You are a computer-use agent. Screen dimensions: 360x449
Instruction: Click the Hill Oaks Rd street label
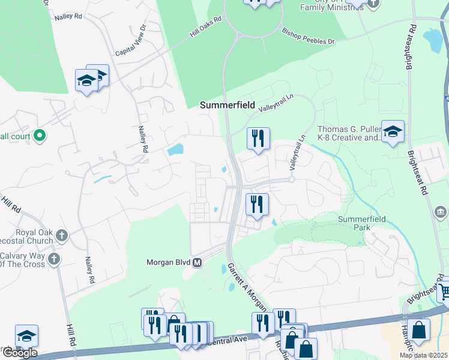coord(206,28)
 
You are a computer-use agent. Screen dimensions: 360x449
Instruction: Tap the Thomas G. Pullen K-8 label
coord(349,133)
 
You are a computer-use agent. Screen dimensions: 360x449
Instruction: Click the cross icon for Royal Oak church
coord(62,233)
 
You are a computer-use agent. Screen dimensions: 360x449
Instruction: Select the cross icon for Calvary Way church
coord(54,259)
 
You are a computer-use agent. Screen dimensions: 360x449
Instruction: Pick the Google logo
coord(19,352)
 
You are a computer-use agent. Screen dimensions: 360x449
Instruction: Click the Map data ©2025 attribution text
coord(424,355)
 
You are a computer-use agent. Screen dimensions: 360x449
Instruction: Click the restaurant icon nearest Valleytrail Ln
coord(258,139)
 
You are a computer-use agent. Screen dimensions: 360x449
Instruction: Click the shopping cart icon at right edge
coord(444,292)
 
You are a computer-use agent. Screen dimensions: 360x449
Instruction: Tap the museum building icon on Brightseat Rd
coord(440,212)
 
